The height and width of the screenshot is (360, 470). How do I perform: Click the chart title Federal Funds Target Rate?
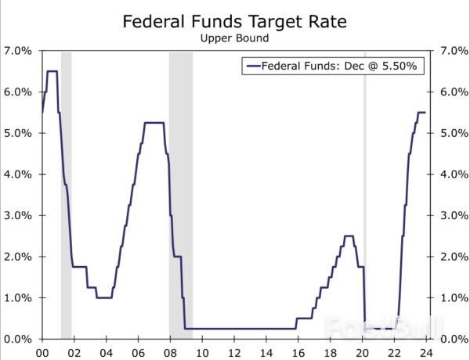[x=235, y=21]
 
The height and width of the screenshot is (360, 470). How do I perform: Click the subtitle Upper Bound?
[x=235, y=38]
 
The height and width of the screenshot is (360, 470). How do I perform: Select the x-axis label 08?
[x=170, y=351]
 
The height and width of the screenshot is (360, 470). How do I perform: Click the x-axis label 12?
[x=234, y=351]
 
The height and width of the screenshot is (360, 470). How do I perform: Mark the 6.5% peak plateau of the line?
[x=52, y=71]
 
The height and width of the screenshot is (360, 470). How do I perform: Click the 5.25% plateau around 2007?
[x=154, y=123]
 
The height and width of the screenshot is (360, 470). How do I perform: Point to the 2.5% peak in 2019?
[x=349, y=236]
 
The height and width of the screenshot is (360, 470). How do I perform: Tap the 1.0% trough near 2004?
[x=104, y=297]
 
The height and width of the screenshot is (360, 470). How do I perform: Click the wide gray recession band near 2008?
[x=181, y=196]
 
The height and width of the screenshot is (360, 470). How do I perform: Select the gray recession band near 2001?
[x=66, y=196]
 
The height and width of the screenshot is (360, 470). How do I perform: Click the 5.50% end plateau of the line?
[x=421, y=113]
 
